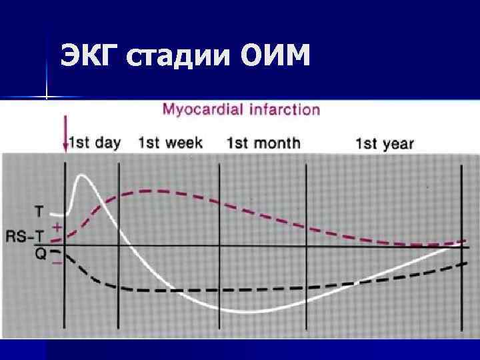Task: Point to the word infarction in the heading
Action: [x=285, y=110]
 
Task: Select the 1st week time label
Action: [x=171, y=143]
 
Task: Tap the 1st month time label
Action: [x=263, y=143]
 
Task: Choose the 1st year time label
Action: [x=385, y=143]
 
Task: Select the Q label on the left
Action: [x=41, y=254]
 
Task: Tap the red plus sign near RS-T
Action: [x=57, y=227]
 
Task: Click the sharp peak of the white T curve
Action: [x=82, y=175]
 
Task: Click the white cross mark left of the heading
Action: [x=46, y=97]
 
